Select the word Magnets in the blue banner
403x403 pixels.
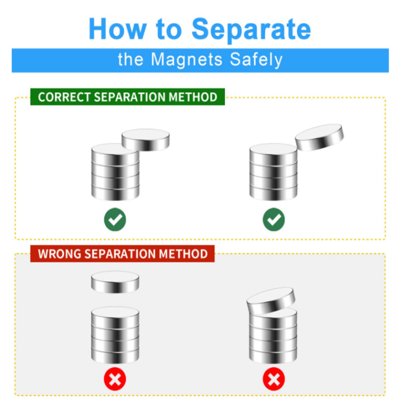[x=187, y=60]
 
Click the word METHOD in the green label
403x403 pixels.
[x=193, y=97]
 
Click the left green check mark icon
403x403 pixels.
[x=115, y=219]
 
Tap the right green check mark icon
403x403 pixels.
[x=274, y=219]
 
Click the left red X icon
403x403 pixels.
[x=115, y=379]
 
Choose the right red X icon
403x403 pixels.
[x=274, y=379]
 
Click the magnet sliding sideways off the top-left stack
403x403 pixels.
[x=146, y=140]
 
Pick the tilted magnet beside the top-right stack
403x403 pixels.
[x=319, y=137]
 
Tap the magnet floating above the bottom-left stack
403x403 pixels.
[x=115, y=282]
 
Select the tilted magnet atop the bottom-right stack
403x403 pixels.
[x=271, y=300]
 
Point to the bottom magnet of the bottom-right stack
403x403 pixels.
[x=273, y=355]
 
